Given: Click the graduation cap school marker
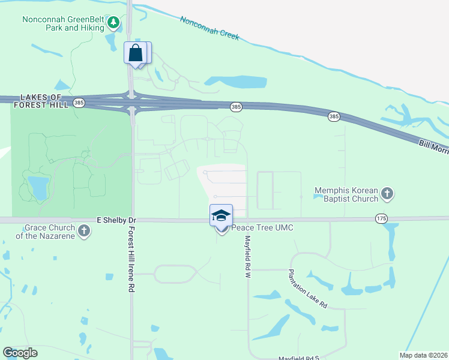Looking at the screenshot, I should click(221, 215).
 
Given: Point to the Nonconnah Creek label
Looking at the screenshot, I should click(209, 28).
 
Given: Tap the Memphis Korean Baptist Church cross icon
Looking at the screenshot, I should click(388, 194).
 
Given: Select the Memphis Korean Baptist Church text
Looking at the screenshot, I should click(346, 194).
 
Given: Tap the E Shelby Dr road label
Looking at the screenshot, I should click(116, 220).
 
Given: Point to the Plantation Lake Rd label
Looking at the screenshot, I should click(307, 288).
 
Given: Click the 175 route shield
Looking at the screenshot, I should click(381, 218).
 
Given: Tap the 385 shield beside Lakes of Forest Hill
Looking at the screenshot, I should click(79, 103).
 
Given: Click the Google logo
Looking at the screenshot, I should click(20, 352).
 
